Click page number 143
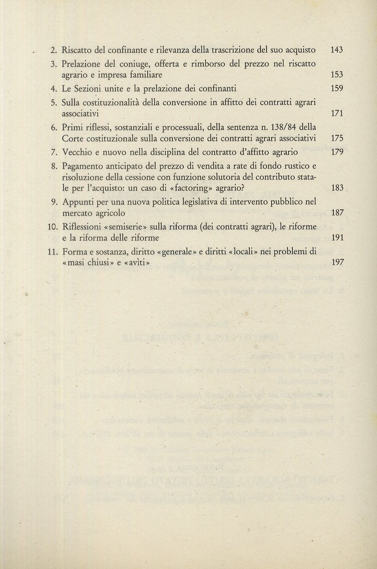tap(337, 50)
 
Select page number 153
tap(337, 75)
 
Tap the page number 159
tap(337, 88)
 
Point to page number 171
tap(337, 113)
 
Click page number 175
tap(337, 138)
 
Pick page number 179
tap(337, 152)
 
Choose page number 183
tap(337, 188)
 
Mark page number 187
tap(337, 213)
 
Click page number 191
tap(337, 238)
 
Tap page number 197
tap(337, 263)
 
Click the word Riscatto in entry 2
tap(77, 50)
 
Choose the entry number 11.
tap(53, 252)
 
